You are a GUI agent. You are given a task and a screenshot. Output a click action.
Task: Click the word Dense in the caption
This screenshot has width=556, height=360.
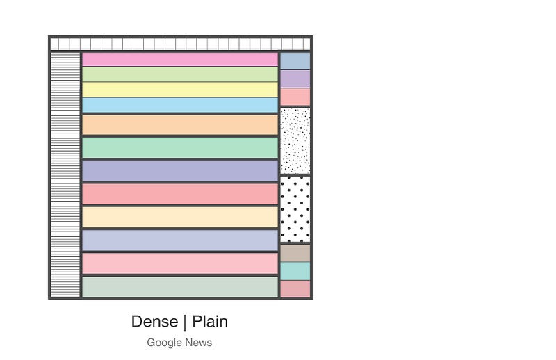click(x=154, y=322)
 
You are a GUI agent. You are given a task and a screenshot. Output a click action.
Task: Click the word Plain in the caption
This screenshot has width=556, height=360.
click(x=210, y=322)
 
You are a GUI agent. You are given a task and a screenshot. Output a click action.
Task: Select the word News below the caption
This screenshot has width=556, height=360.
click(x=199, y=343)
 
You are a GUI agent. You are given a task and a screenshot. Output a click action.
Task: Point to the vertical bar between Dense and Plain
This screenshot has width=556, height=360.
click(x=185, y=322)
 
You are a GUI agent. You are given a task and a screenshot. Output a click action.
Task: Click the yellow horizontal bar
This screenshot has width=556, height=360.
click(x=180, y=90)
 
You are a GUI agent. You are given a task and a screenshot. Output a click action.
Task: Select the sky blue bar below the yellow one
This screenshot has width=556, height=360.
click(x=180, y=105)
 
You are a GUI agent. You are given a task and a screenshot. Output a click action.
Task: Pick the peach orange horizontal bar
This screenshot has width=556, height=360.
click(x=180, y=125)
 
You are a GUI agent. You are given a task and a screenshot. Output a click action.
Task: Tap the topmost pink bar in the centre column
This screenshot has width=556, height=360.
click(x=180, y=59)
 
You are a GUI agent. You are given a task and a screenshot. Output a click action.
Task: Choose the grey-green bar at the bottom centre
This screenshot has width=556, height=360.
click(x=180, y=287)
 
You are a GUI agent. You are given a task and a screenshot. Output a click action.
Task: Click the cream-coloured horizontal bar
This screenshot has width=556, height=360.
click(x=180, y=217)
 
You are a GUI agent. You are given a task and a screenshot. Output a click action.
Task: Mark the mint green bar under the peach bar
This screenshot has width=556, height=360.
click(x=180, y=147)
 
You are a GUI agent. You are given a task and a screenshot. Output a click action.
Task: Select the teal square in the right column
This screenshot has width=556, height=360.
click(x=295, y=271)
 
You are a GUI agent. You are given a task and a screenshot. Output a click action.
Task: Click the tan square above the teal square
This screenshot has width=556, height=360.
click(x=295, y=253)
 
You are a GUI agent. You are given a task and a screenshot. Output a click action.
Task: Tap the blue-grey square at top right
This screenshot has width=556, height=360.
click(x=295, y=61)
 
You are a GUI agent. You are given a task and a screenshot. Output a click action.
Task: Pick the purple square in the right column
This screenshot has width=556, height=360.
click(x=295, y=79)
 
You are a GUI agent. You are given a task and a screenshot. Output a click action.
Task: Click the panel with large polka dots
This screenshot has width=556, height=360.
click(x=295, y=209)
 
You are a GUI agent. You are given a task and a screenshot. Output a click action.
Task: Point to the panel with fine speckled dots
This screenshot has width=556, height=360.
click(x=295, y=141)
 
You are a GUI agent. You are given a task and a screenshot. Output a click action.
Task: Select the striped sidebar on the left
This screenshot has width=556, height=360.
click(x=65, y=175)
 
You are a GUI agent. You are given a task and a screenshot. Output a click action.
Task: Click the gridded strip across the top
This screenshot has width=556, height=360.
click(x=180, y=44)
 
